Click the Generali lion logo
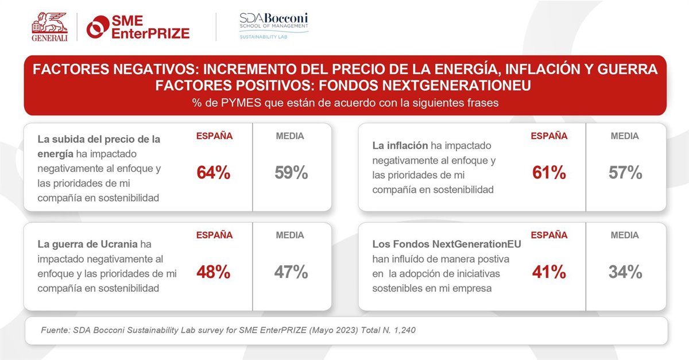pyautogui.click(x=49, y=26)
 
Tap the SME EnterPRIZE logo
pyautogui.click(x=138, y=27)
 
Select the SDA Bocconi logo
pyautogui.click(x=274, y=26)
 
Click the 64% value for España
pyautogui.click(x=214, y=173)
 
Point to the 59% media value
pyautogui.click(x=291, y=173)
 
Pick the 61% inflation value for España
pyautogui.click(x=549, y=173)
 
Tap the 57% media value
pyautogui.click(x=625, y=173)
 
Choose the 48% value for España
pyautogui.click(x=214, y=272)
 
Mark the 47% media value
pyautogui.click(x=291, y=272)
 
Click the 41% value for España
pyautogui.click(x=549, y=272)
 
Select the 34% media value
pyautogui.click(x=625, y=272)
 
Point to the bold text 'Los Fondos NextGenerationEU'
pyautogui.click(x=447, y=245)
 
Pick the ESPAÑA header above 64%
pyautogui.click(x=215, y=137)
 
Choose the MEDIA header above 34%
pyautogui.click(x=625, y=235)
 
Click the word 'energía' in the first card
pyautogui.click(x=55, y=153)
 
